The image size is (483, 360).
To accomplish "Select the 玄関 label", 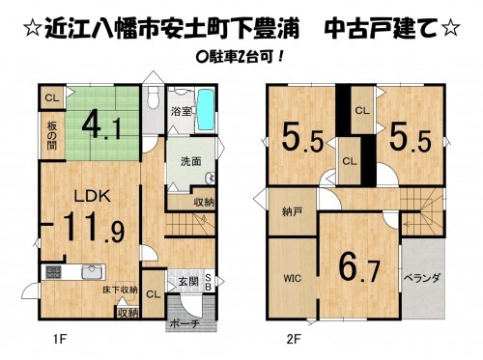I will click(x=188, y=282).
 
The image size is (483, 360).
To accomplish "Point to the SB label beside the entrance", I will click(x=208, y=283).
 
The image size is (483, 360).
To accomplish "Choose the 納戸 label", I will click(x=292, y=211).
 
